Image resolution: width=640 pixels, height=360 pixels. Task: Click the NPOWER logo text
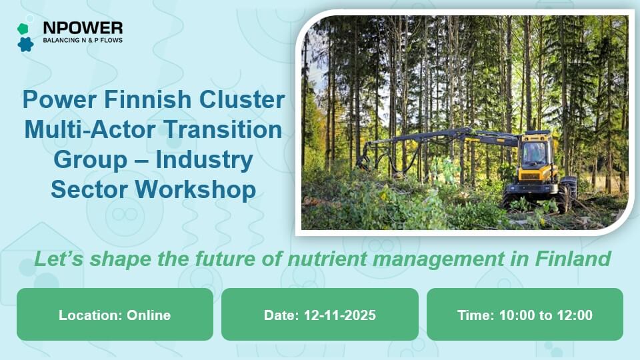tap(82, 28)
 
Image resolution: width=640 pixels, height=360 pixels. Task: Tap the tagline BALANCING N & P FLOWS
tap(82, 41)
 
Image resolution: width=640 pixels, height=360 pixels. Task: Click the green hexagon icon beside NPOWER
tap(23, 28)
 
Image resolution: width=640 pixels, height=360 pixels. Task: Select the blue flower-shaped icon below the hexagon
tap(25, 44)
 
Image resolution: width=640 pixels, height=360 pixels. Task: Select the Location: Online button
tap(115, 315)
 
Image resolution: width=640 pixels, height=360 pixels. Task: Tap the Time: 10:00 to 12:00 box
tap(525, 315)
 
